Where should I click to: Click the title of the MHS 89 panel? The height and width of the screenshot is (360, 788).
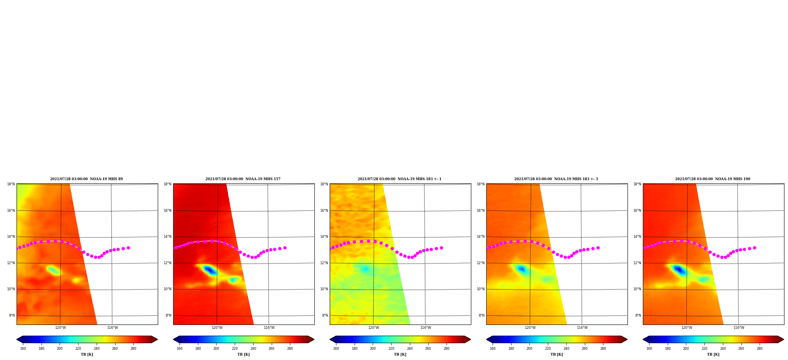pyautogui.click(x=86, y=179)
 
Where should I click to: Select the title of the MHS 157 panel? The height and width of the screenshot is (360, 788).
pyautogui.click(x=243, y=179)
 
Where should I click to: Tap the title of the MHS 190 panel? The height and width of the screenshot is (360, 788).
pyautogui.click(x=713, y=179)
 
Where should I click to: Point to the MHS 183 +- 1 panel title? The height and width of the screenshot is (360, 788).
pyautogui.click(x=400, y=179)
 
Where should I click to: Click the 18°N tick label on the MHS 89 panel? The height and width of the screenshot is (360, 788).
pyautogui.click(x=11, y=184)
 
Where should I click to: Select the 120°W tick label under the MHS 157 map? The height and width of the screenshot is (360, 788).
pyautogui.click(x=217, y=328)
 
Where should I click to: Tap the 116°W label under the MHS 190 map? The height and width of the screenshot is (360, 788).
pyautogui.click(x=739, y=328)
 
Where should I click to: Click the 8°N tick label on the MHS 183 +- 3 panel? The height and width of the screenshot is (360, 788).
pyautogui.click(x=482, y=315)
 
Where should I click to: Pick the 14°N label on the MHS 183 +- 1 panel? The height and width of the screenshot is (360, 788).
pyautogui.click(x=324, y=237)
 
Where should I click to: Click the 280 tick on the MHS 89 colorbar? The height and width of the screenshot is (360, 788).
pyautogui.click(x=133, y=349)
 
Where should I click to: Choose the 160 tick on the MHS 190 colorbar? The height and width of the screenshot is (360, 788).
pyautogui.click(x=649, y=349)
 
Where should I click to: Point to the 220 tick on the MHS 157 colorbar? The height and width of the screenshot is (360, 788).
pyautogui.click(x=235, y=349)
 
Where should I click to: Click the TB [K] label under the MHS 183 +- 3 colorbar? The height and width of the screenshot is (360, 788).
pyautogui.click(x=556, y=354)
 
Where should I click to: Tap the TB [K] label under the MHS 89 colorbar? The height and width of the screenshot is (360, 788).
pyautogui.click(x=87, y=354)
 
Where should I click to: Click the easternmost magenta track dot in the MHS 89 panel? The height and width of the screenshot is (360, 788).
pyautogui.click(x=128, y=248)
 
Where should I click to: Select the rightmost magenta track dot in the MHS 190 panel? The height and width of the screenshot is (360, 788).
pyautogui.click(x=754, y=248)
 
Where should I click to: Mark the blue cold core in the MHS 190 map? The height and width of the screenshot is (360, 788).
pyautogui.click(x=679, y=270)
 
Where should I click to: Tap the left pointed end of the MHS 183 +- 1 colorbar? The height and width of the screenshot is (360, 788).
pyautogui.click(x=330, y=339)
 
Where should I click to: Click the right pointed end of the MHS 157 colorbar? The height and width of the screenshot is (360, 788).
pyautogui.click(x=314, y=339)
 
